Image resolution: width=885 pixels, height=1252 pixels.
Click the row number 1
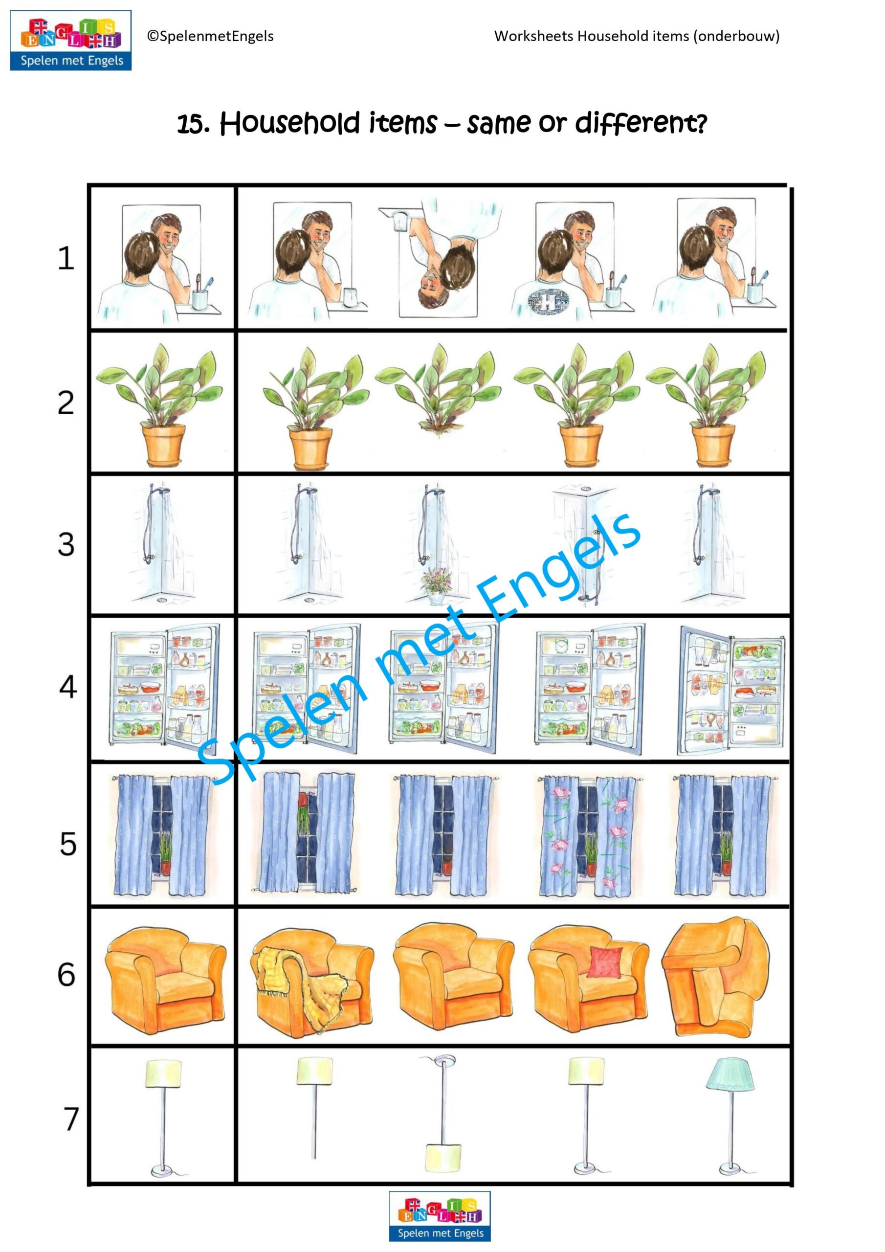pos(66,259)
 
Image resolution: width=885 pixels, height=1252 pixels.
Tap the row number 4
pos(67,687)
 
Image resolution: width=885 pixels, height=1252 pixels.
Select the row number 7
pos(71,1119)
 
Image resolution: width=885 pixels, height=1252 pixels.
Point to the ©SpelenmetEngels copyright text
pos(210,36)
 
